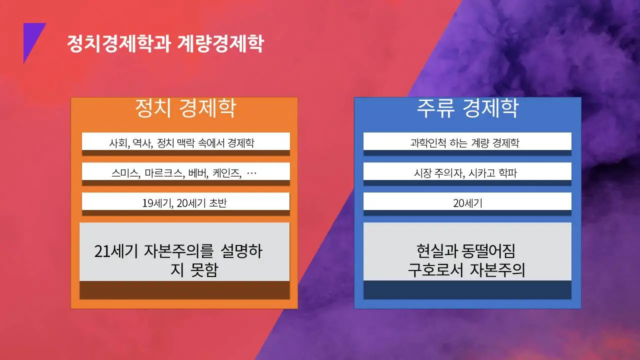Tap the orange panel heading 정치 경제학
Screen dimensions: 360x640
pos(185,108)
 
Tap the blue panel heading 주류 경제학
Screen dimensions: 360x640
pos(467,108)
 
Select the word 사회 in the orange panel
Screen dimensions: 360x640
pos(118,143)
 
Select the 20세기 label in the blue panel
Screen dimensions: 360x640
pos(467,203)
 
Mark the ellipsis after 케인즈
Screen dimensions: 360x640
pos(252,173)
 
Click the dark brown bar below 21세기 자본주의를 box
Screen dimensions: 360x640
pos(184,290)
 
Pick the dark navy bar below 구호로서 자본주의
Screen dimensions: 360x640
pos(467,290)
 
